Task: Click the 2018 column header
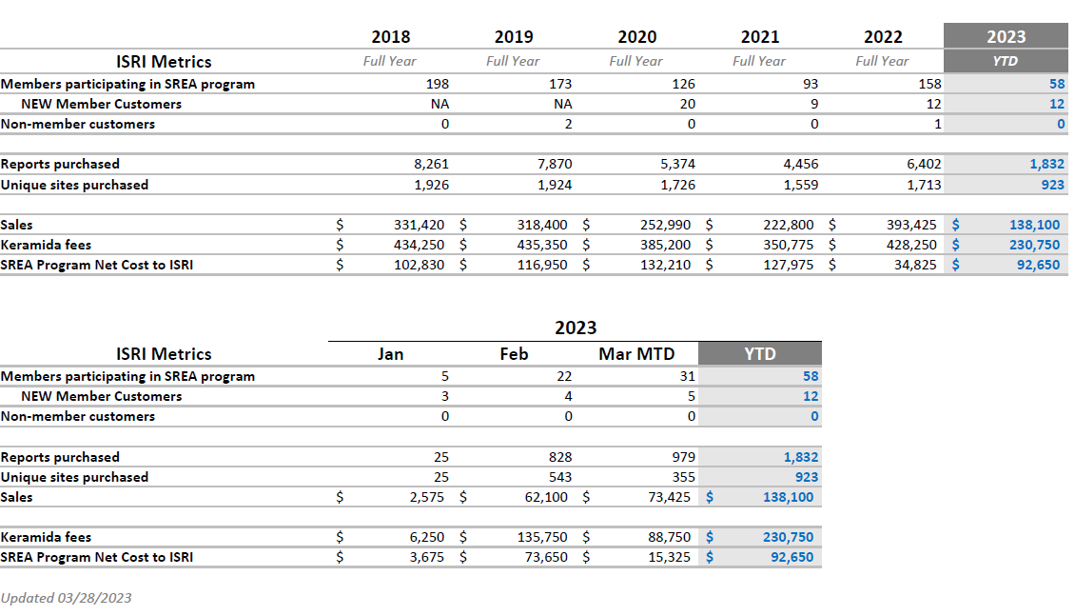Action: pyautogui.click(x=390, y=37)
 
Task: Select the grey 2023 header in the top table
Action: pyautogui.click(x=1006, y=37)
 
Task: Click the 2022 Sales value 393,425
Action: pyautogui.click(x=910, y=226)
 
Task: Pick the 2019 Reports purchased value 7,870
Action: pyautogui.click(x=556, y=165)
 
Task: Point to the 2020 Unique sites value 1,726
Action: pyautogui.click(x=677, y=185)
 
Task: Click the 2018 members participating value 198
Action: pyautogui.click(x=438, y=84)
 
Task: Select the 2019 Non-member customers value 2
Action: pyautogui.click(x=568, y=124)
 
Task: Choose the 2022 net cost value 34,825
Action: pyautogui.click(x=917, y=266)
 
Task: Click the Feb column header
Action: pyautogui.click(x=514, y=354)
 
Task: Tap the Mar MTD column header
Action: pyautogui.click(x=636, y=354)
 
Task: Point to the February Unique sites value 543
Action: pyautogui.click(x=559, y=477)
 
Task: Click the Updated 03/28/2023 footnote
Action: pyautogui.click(x=67, y=598)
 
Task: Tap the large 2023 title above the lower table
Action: pyautogui.click(x=576, y=328)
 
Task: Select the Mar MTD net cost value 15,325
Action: pyautogui.click(x=670, y=557)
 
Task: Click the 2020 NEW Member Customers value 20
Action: pyautogui.click(x=687, y=104)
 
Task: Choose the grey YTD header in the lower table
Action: pyautogui.click(x=759, y=354)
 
